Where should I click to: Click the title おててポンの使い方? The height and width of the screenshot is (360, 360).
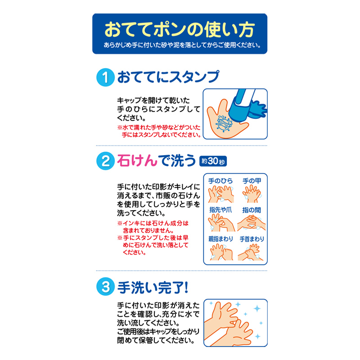point(180,29)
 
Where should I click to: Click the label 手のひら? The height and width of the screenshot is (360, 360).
point(220,180)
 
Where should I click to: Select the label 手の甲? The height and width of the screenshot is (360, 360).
point(252,180)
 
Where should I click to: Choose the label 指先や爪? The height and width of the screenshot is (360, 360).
point(220,210)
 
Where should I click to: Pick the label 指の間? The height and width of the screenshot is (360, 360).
point(252,210)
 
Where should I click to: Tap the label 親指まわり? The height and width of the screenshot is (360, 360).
point(220,239)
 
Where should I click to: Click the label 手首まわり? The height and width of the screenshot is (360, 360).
point(252,239)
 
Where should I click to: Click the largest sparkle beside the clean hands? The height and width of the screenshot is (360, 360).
point(257,309)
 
